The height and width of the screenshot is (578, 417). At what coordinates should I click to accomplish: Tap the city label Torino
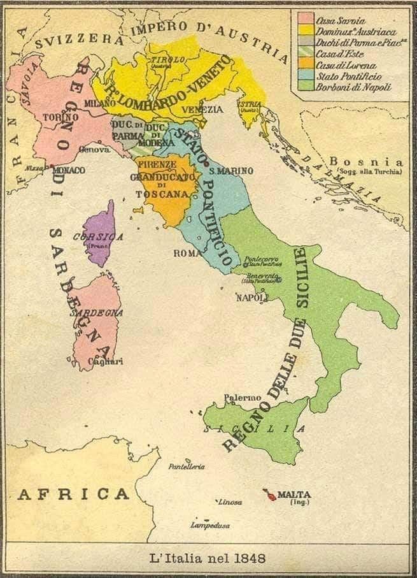click(x=61, y=117)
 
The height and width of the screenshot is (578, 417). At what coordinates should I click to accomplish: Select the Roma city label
click(x=187, y=253)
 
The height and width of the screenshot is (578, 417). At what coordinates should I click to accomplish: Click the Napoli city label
click(x=250, y=298)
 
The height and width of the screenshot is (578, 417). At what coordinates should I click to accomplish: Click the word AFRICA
click(x=73, y=494)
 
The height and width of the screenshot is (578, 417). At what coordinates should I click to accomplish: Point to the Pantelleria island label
click(x=187, y=466)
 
